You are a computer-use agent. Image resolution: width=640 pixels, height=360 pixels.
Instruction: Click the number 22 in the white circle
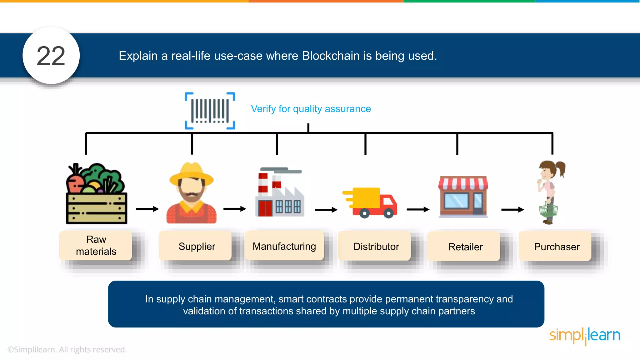click(51, 56)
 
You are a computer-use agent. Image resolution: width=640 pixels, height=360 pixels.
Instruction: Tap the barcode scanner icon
click(210, 111)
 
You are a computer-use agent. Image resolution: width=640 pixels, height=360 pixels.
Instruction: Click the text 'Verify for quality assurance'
click(311, 109)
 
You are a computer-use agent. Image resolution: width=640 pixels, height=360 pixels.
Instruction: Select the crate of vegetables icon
click(96, 194)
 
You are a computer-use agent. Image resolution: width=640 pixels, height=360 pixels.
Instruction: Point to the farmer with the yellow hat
click(191, 193)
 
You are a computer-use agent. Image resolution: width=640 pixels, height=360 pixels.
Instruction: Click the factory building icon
click(279, 192)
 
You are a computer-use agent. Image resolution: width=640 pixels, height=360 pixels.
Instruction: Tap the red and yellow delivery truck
click(371, 202)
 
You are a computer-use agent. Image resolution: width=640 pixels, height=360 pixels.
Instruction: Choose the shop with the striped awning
click(463, 197)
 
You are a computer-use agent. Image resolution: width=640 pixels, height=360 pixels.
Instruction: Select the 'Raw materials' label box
click(96, 246)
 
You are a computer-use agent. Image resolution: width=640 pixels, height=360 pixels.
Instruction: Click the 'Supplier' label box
click(197, 246)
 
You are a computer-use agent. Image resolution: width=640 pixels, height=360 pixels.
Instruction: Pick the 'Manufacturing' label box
click(284, 246)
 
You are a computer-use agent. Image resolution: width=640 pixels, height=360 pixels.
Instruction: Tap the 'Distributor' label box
click(376, 247)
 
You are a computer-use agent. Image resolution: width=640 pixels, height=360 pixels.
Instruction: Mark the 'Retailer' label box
click(465, 247)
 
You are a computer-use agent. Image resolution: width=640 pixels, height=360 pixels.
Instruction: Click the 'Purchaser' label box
click(557, 247)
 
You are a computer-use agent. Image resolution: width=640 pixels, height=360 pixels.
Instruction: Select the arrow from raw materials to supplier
click(147, 209)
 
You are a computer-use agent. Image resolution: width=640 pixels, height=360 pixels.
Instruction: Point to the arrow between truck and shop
click(418, 209)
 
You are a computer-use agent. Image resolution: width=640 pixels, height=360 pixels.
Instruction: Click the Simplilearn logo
click(585, 336)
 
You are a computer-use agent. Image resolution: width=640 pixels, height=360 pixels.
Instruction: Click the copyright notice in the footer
click(67, 349)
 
